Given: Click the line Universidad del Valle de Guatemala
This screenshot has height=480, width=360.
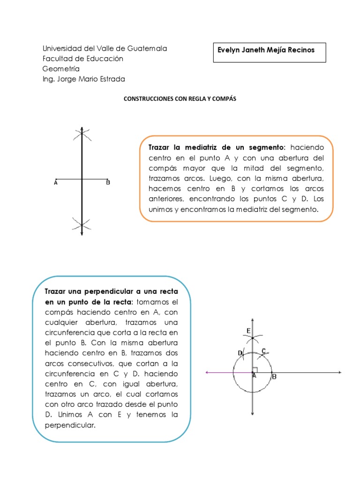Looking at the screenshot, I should click(105, 48).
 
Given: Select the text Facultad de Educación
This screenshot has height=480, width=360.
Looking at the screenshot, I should click(82, 59).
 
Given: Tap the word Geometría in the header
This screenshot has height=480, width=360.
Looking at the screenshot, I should click(61, 69).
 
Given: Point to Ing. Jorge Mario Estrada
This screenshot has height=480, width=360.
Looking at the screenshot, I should click(83, 79).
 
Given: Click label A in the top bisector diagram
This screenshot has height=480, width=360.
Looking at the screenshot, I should click(56, 183).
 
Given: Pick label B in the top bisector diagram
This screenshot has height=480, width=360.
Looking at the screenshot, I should click(108, 183).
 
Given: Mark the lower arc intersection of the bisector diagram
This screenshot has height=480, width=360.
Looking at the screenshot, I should click(82, 223).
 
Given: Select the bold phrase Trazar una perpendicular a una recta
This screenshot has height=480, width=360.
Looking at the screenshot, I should click(111, 291).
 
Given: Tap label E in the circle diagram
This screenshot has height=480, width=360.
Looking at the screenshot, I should click(248, 331).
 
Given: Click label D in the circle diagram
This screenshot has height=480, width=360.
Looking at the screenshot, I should click(240, 353).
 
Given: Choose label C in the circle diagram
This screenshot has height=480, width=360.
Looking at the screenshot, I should click(264, 351).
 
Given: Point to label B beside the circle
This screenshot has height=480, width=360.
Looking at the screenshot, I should click(275, 376).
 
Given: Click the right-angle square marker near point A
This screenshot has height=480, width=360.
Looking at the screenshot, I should click(255, 370).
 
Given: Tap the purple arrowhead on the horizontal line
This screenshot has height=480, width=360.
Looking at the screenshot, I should click(208, 373).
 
